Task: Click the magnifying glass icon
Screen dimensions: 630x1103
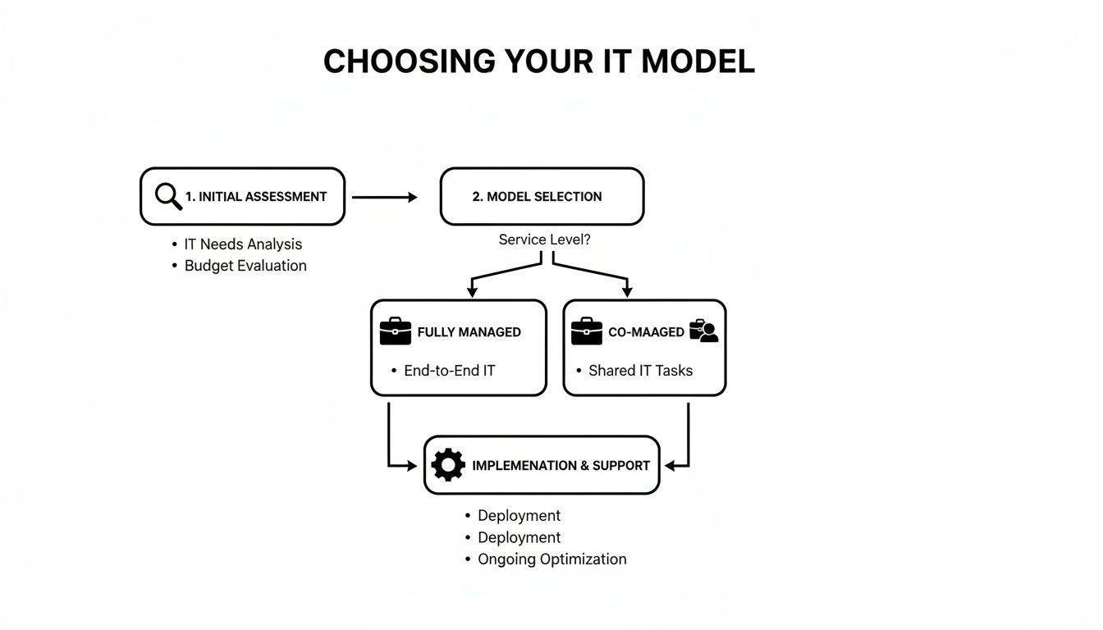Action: [167, 197]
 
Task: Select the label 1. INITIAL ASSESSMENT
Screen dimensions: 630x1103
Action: [256, 197]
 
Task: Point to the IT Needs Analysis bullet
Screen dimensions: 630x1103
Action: [243, 244]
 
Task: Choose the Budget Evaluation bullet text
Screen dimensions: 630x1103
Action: [245, 266]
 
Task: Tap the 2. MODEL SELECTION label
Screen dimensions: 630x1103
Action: [537, 197]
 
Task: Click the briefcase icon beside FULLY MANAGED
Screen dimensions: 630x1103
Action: [395, 331]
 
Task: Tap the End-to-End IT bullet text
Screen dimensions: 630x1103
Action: [450, 371]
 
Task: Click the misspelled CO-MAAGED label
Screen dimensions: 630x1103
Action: [646, 332]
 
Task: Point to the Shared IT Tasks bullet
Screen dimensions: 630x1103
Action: [640, 371]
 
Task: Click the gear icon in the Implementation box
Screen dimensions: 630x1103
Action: [447, 465]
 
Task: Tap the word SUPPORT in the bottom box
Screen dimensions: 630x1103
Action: [621, 465]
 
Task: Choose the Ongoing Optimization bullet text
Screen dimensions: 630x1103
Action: [551, 559]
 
